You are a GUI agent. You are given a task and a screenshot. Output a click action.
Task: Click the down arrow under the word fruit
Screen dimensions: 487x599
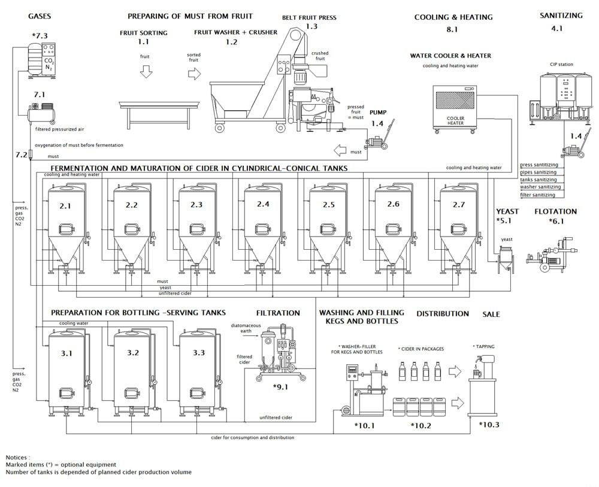pos(144,72)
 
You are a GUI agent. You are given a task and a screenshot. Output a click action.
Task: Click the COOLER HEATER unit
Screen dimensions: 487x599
pos(456,108)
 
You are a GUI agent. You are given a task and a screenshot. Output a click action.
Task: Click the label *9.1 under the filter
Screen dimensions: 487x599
pos(280,387)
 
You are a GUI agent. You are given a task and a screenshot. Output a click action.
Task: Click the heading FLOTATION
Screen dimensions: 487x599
pos(555,211)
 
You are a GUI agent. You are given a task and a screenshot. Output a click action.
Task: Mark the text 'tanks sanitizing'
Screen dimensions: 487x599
pos(539,180)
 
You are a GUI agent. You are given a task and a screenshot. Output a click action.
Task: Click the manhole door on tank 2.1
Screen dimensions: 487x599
pos(66,229)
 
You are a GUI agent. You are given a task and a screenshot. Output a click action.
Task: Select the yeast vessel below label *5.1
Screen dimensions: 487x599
pos(506,261)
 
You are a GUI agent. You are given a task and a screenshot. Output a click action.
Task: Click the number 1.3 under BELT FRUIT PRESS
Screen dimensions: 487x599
pos(311,26)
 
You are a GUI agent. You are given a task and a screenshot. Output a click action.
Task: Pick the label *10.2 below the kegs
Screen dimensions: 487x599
pos(422,425)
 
